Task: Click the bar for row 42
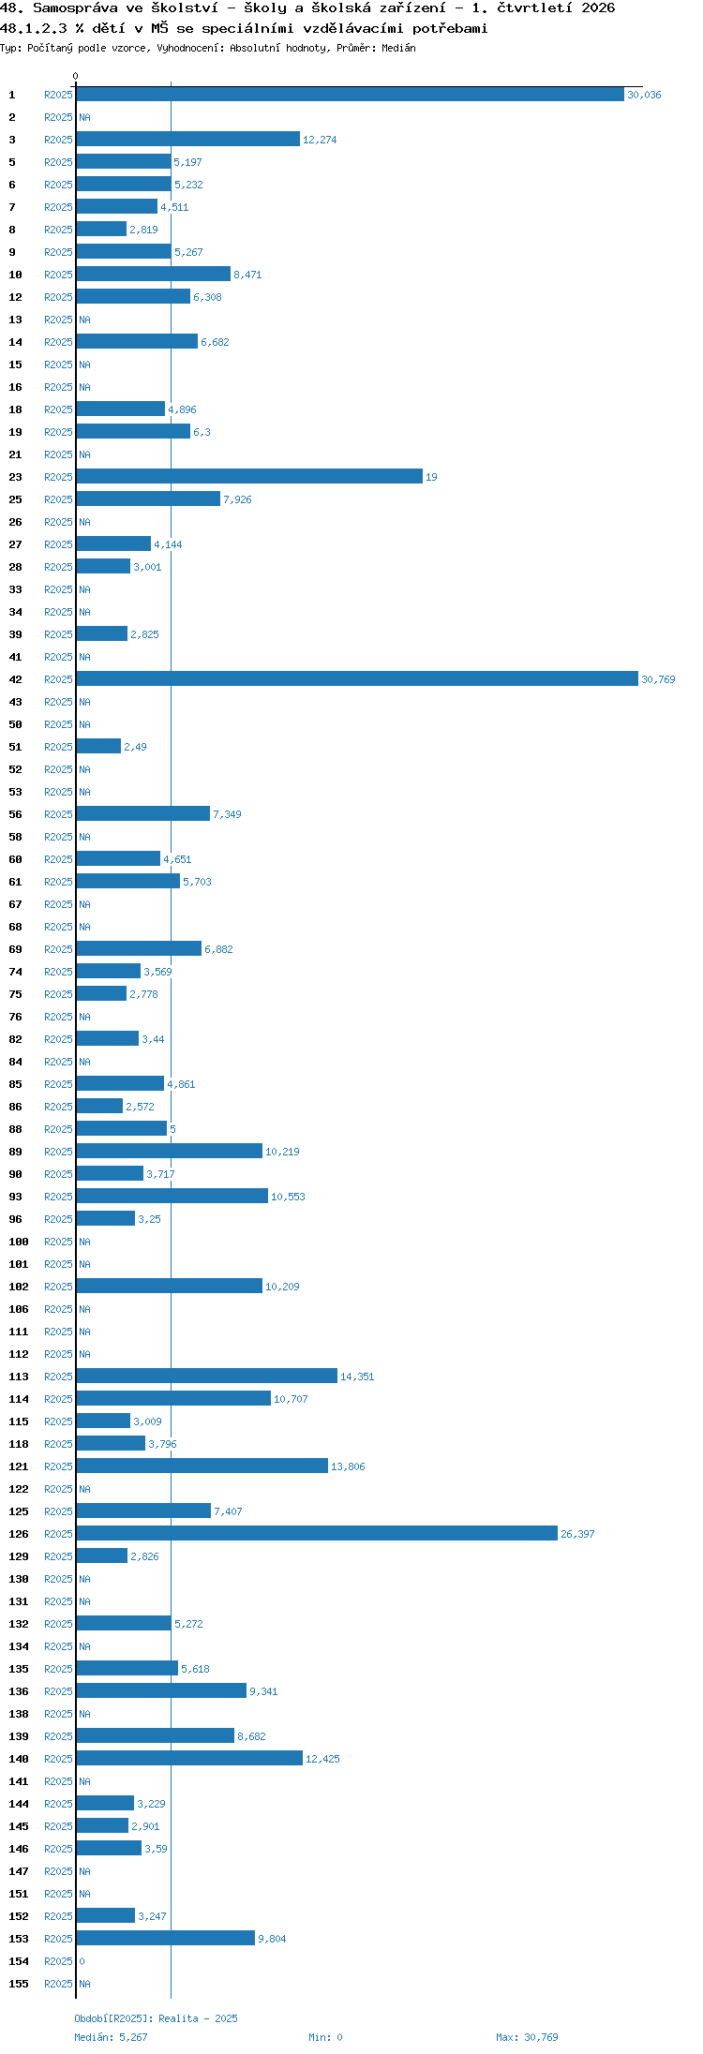pos(357,678)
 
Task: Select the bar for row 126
pos(317,1533)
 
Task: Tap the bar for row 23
pos(249,476)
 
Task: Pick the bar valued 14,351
pos(207,1376)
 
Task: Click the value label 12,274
pos(320,140)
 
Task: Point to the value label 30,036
pos(644,95)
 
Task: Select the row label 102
pos(19,1287)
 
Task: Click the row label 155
pos(19,1984)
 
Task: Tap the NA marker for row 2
pos(84,117)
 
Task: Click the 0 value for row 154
pos(82,1961)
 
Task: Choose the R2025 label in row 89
pos(58,1152)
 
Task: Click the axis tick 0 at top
pos(76,76)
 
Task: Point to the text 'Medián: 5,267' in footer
pos(111,2037)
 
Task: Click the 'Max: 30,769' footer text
pos(527,2037)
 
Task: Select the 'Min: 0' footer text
pos(325,2037)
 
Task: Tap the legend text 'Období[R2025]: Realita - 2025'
pos(156,2018)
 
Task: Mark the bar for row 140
pos(189,1758)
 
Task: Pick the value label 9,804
pos(272,1939)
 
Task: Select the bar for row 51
pos(98,746)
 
